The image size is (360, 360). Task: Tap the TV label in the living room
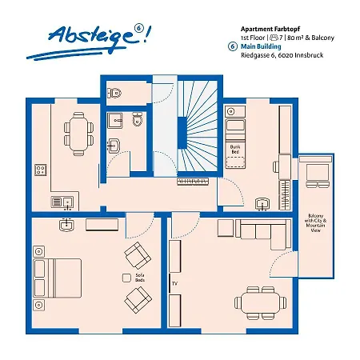[x=174, y=283]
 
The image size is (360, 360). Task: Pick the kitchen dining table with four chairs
[x=78, y=130]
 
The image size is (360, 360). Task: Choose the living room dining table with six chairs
[x=260, y=301]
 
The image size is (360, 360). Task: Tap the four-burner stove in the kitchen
[x=39, y=170]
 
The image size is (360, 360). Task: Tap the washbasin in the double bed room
[x=66, y=225]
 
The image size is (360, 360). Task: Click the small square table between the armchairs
[x=126, y=276]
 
